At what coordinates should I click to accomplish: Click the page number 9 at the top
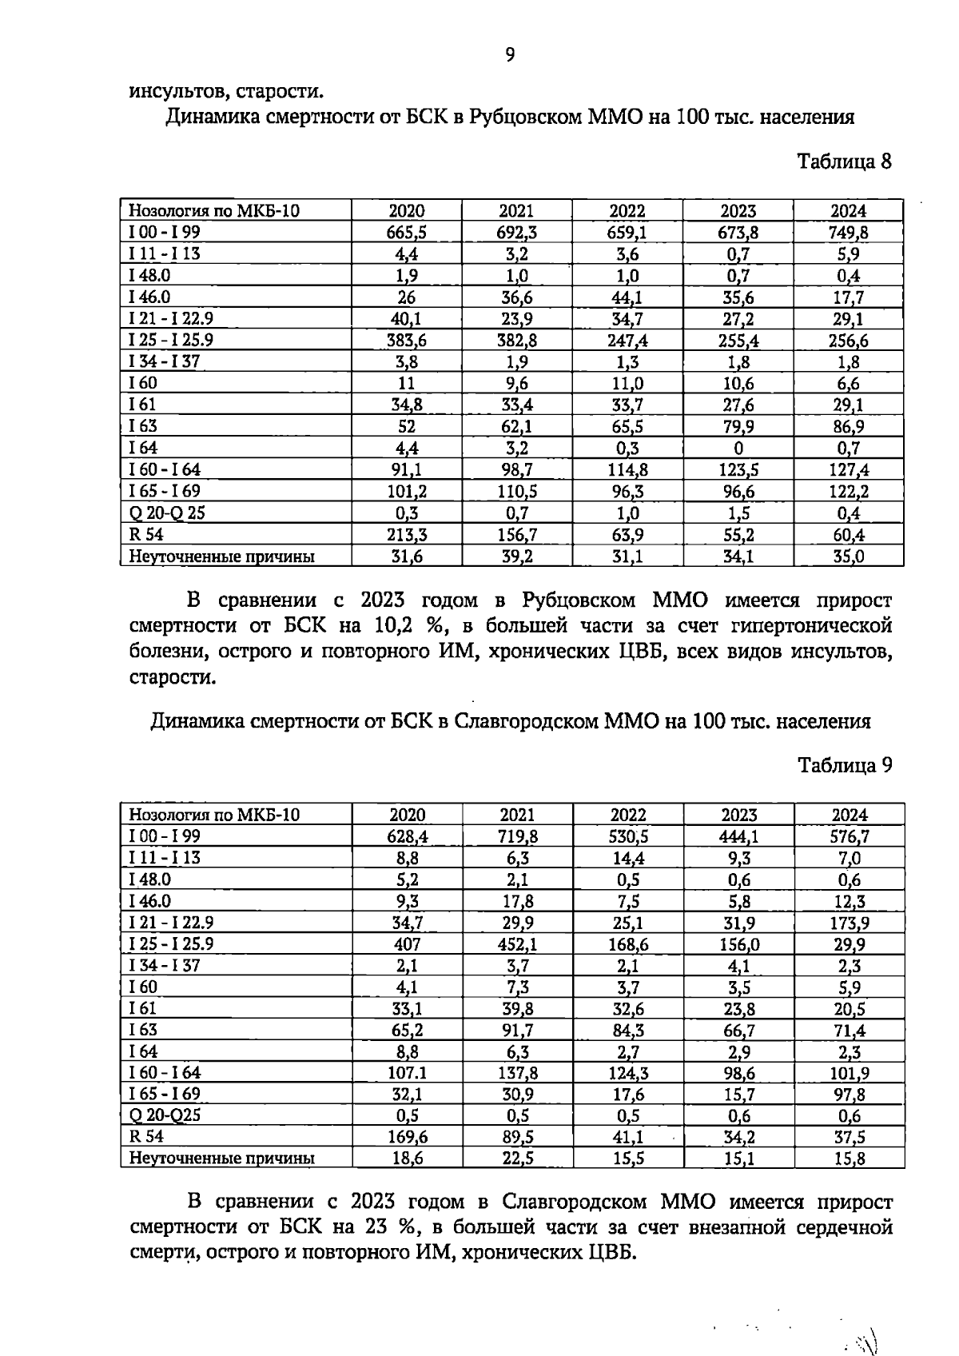pos(510,54)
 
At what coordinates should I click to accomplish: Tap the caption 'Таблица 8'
pos(845,162)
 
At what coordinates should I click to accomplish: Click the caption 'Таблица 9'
pos(845,765)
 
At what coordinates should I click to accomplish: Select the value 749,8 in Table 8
pos(848,233)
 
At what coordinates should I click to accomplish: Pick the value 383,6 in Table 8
pos(406,341)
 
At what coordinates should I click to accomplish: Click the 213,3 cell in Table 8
pos(406,535)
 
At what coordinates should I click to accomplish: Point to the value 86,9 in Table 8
pos(848,427)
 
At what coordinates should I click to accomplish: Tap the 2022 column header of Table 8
pos(627,211)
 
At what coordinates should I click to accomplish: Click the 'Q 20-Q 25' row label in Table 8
pos(166,513)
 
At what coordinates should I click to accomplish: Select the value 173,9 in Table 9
pos(849,923)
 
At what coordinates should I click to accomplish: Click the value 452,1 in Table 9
pos(517,944)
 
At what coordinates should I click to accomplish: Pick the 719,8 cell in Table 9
pos(517,836)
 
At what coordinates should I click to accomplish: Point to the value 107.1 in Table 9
pos(407,1073)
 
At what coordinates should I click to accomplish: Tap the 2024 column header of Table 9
pos(849,815)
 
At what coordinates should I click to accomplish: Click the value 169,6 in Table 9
pos(407,1138)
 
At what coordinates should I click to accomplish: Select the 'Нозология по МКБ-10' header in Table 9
pos(214,815)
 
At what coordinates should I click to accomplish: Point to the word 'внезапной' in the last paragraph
pos(740,1227)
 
